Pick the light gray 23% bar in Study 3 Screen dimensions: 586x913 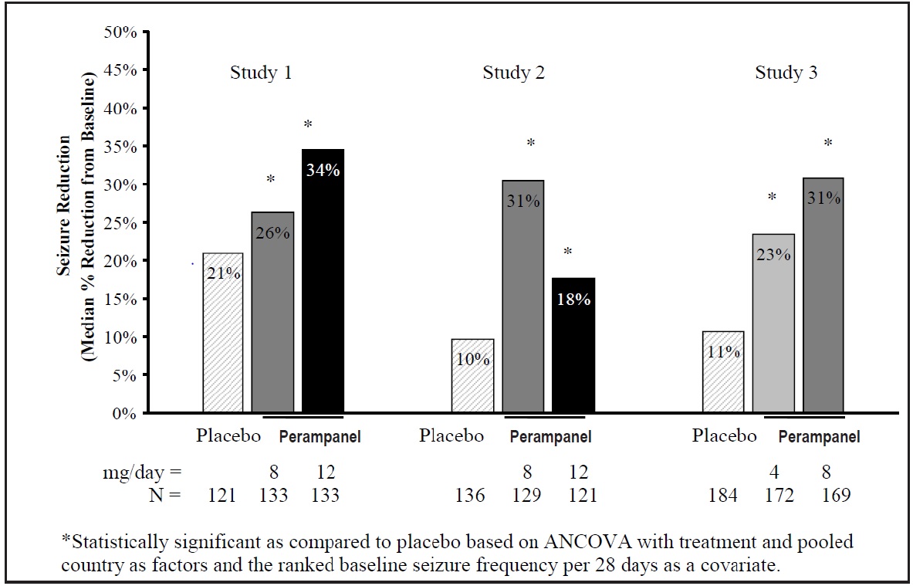click(x=773, y=323)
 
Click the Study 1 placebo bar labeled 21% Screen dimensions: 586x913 click(x=223, y=333)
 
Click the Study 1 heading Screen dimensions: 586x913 click(x=261, y=73)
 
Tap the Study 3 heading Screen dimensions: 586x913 click(x=786, y=73)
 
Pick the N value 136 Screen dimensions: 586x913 click(x=470, y=495)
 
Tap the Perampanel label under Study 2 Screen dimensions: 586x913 click(x=550, y=437)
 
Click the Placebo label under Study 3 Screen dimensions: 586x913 click(x=724, y=435)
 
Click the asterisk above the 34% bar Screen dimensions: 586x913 click(x=308, y=124)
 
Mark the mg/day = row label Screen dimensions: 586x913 click(x=144, y=472)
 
